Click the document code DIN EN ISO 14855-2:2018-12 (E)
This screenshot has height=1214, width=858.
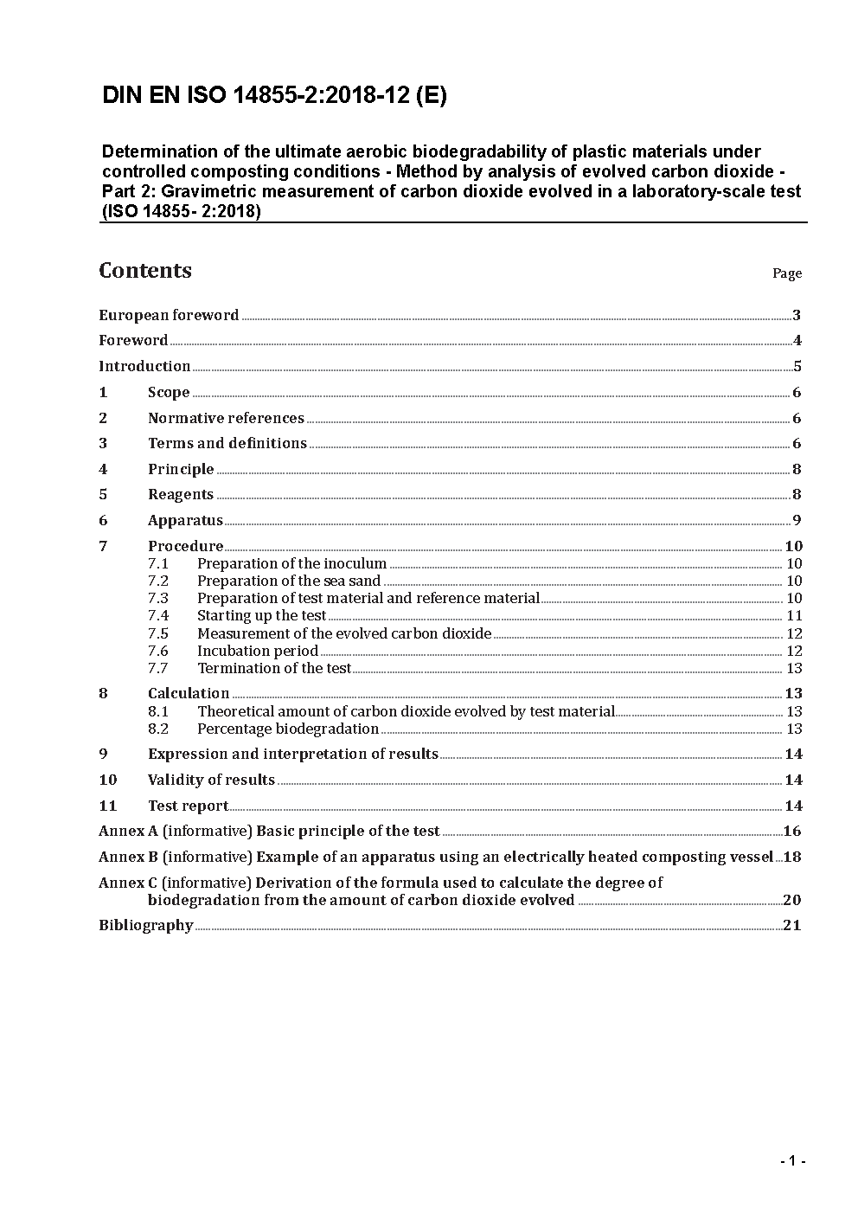click(274, 96)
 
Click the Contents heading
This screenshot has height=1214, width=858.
click(145, 271)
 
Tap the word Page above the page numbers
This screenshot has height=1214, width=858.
click(786, 273)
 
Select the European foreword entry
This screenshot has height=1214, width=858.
click(169, 315)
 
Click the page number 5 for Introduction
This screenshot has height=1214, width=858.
click(797, 366)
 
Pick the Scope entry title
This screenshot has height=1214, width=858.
click(169, 392)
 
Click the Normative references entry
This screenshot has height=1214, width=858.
click(226, 418)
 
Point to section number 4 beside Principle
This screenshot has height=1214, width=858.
click(104, 469)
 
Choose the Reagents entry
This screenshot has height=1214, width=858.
click(181, 494)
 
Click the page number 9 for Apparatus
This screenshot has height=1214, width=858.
click(797, 520)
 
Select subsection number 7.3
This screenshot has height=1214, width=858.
click(158, 598)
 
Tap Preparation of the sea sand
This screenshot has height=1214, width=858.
click(289, 581)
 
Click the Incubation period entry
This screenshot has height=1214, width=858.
click(258, 651)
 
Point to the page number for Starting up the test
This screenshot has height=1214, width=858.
click(794, 615)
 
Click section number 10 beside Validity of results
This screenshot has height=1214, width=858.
click(108, 780)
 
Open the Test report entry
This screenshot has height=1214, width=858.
click(188, 806)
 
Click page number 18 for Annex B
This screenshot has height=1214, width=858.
click(792, 857)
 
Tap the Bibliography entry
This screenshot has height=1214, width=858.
click(146, 925)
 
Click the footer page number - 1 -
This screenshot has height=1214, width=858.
click(791, 1161)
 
